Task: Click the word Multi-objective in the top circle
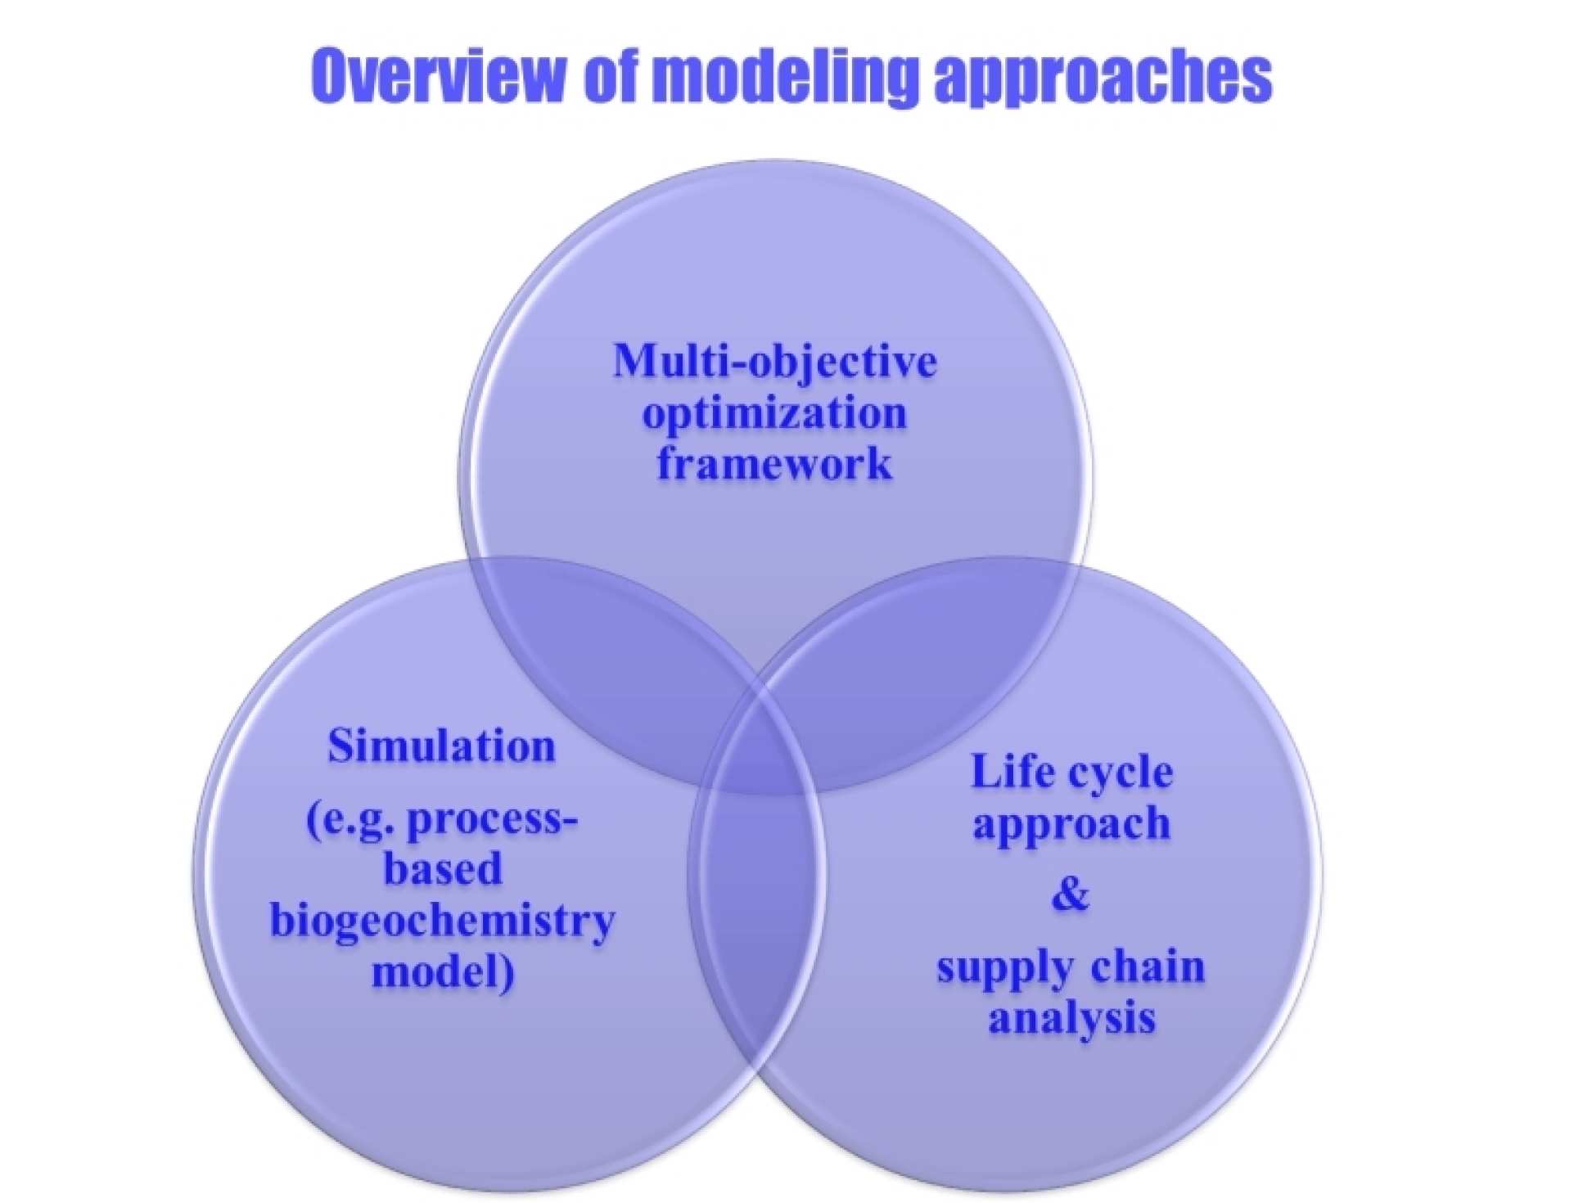(x=774, y=361)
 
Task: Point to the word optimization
(x=774, y=414)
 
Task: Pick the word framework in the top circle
(x=774, y=463)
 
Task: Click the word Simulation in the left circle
(x=441, y=746)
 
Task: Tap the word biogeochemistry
(x=442, y=921)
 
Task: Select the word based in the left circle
(x=442, y=869)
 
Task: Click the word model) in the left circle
(x=442, y=972)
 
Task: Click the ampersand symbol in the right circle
(x=1071, y=893)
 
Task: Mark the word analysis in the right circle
(x=1071, y=1018)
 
